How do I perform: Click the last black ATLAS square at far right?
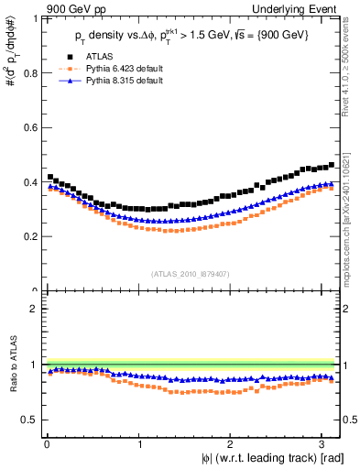click(331, 165)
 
